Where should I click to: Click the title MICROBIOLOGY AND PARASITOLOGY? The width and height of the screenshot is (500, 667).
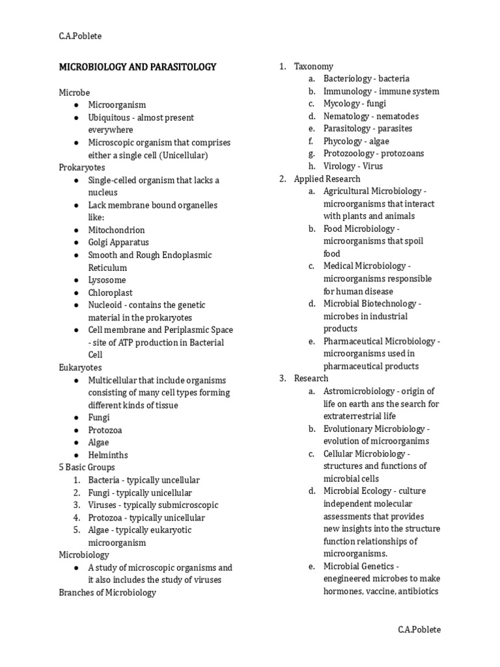point(137,67)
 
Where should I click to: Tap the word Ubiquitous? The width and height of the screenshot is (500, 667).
point(112,117)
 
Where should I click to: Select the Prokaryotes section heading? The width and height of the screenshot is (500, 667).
point(83,167)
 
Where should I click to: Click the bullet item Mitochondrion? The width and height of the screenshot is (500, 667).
point(117,230)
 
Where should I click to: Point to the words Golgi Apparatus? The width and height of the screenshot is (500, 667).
point(118,242)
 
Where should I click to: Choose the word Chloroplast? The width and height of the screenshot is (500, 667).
point(110,292)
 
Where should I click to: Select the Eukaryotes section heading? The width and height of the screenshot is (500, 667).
point(80,367)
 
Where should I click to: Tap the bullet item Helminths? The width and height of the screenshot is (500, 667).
point(108,455)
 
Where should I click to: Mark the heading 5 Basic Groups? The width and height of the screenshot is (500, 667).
point(87,467)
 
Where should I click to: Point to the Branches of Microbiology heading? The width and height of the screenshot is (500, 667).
point(107,592)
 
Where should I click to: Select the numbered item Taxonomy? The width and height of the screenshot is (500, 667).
point(313,66)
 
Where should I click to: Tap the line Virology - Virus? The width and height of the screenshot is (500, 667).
point(353,166)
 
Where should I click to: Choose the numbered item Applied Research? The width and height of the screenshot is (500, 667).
point(327,178)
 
